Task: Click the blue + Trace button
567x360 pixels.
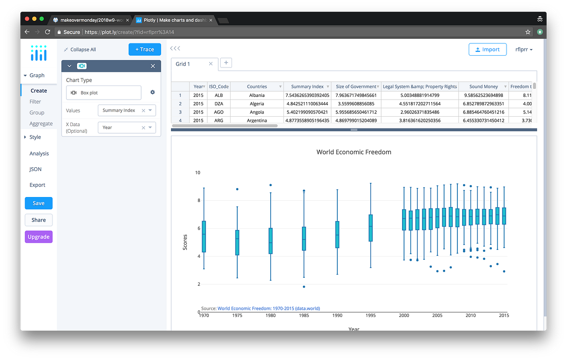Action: pyautogui.click(x=145, y=49)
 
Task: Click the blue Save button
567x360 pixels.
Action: pyautogui.click(x=39, y=203)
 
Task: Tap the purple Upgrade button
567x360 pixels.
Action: pyautogui.click(x=39, y=237)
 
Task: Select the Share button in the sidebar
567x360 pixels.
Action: pyautogui.click(x=39, y=220)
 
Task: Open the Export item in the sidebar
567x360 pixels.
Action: pyautogui.click(x=38, y=185)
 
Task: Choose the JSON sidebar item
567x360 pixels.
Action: pyautogui.click(x=35, y=169)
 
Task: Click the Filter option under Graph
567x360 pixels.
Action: pyautogui.click(x=35, y=102)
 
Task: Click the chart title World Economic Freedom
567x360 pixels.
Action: pyautogui.click(x=353, y=152)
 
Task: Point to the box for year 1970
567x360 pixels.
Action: pyautogui.click(x=204, y=236)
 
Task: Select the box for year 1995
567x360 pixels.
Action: pyautogui.click(x=370, y=228)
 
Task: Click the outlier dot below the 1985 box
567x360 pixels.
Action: pyautogui.click(x=304, y=287)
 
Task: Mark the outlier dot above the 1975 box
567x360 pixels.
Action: pyautogui.click(x=237, y=189)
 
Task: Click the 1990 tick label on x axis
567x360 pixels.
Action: pyautogui.click(x=337, y=316)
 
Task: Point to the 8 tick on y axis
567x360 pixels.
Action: pyautogui.click(x=198, y=200)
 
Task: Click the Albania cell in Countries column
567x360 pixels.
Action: pyautogui.click(x=257, y=95)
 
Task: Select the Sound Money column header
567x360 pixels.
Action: pyautogui.click(x=483, y=86)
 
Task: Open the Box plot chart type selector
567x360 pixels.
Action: pyautogui.click(x=103, y=93)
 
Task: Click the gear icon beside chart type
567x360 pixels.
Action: pyautogui.click(x=153, y=93)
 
